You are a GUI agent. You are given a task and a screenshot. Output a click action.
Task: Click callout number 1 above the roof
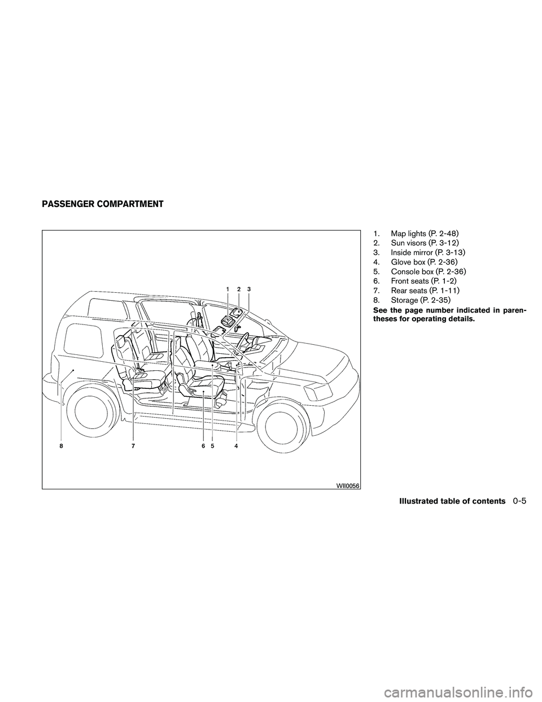(x=228, y=290)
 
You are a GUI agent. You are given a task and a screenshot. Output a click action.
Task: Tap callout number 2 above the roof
(x=239, y=290)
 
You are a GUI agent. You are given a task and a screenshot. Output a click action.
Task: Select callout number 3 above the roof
(x=249, y=290)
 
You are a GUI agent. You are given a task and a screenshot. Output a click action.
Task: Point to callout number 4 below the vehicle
(x=237, y=446)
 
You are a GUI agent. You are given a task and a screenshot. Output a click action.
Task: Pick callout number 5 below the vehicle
(x=213, y=446)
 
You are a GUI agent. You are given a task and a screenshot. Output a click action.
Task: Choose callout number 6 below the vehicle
(x=204, y=446)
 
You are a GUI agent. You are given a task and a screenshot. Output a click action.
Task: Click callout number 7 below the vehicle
(x=133, y=446)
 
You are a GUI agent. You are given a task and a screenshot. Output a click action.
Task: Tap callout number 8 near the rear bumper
(x=60, y=446)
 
